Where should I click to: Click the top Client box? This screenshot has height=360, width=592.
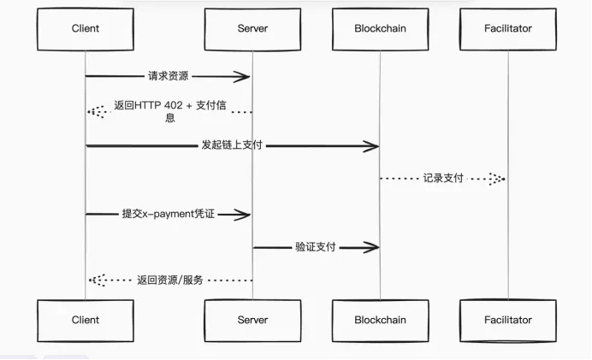(85, 29)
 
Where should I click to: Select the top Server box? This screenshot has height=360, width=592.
(252, 29)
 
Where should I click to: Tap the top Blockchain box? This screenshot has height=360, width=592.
(380, 29)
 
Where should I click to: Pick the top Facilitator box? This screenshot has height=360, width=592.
(507, 29)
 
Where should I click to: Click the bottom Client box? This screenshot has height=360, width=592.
(85, 321)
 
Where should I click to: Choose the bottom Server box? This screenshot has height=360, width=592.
(252, 321)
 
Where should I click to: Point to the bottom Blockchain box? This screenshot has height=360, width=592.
(380, 321)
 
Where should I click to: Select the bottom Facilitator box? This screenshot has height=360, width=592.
(507, 321)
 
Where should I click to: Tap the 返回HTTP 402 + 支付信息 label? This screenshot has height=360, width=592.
(169, 111)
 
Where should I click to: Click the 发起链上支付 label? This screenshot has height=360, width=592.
(231, 146)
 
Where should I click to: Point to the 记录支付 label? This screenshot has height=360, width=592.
(442, 179)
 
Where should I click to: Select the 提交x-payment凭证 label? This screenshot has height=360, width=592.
(168, 214)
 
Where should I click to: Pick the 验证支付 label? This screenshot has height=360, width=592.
(315, 247)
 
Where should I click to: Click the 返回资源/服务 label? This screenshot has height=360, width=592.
(169, 280)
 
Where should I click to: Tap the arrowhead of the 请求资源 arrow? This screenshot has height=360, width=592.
(245, 77)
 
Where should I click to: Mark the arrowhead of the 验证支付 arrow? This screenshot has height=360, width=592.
(372, 247)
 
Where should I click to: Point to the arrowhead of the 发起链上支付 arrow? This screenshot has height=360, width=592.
(372, 146)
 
